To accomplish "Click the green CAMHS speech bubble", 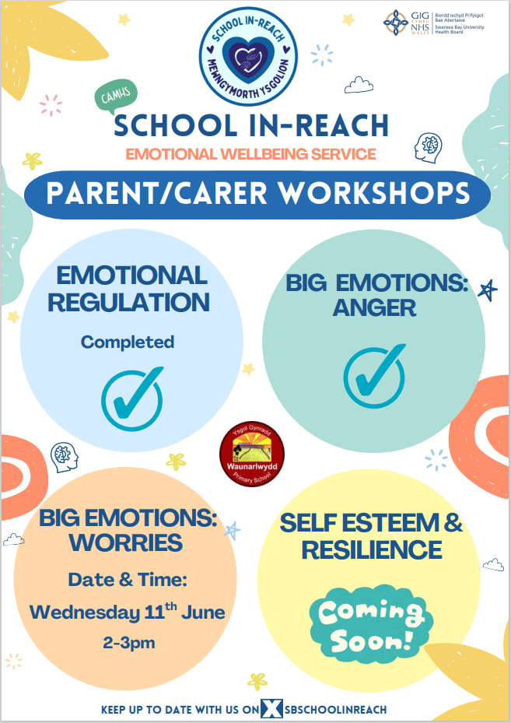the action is (116, 97).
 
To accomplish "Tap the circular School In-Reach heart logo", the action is (248, 56).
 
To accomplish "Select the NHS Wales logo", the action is (433, 23).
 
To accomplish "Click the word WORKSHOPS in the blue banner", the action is (375, 193).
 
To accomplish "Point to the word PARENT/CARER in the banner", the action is (156, 194).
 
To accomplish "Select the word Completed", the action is (128, 342).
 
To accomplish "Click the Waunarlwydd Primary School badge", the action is (251, 455).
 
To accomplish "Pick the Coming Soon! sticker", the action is (371, 625).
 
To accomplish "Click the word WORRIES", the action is (126, 542).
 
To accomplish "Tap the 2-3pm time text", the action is (128, 643).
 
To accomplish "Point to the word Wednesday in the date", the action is (85, 612).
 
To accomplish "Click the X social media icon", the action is (271, 709).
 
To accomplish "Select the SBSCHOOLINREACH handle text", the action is (335, 709).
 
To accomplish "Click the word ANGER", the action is (374, 308).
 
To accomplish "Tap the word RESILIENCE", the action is (372, 550).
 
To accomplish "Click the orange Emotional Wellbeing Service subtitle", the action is (251, 154).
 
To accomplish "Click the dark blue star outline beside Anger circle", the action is (488, 290).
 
